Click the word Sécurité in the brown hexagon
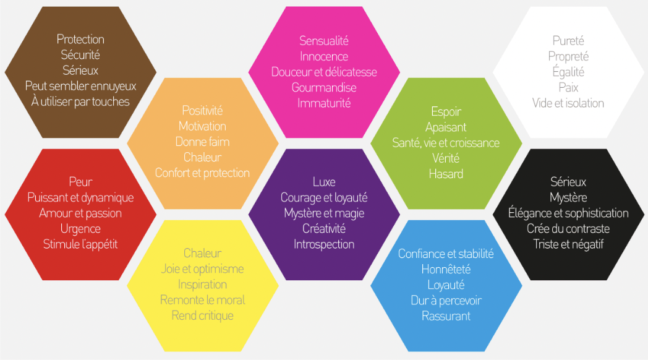coord(80,54)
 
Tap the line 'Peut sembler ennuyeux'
coord(80,86)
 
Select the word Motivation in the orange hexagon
coord(203,126)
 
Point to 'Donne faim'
coord(203,142)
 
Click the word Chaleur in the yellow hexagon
coord(203,253)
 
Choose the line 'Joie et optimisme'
coord(203,269)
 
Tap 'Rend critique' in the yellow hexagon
coord(203,316)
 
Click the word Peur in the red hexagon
coord(80,182)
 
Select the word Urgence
coord(80,229)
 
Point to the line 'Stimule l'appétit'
coord(80,244)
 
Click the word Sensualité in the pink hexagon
coord(324,40)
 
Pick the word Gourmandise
coord(324,88)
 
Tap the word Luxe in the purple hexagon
coord(324,182)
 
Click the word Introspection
coord(324,244)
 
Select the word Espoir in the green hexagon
coord(446,111)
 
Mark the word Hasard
coord(446,174)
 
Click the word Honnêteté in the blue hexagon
coord(446,270)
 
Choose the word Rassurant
coord(446,316)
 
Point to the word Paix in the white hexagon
coord(568,88)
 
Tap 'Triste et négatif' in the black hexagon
coord(568,244)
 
